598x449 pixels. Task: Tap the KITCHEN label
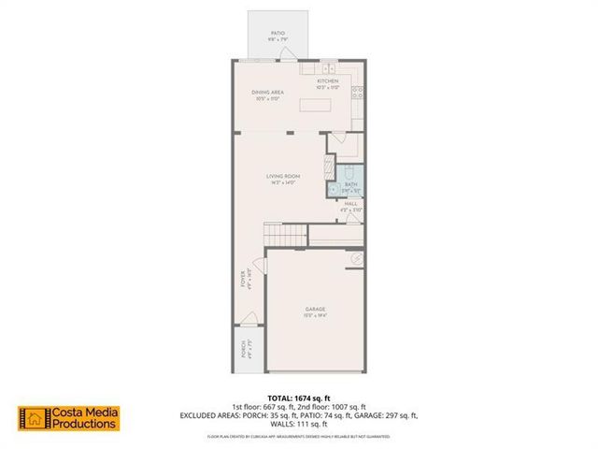tap(327, 81)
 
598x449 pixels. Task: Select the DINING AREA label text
tap(267, 92)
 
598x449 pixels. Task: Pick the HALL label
tap(351, 203)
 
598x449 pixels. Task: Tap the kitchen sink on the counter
tap(328, 68)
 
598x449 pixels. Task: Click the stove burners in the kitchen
tap(357, 93)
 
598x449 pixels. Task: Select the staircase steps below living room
tap(284, 236)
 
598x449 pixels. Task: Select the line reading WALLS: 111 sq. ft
tap(298, 422)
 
